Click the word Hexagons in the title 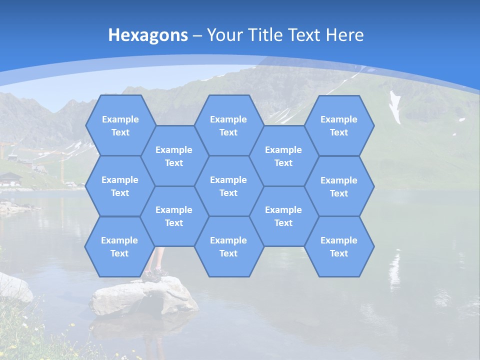click(x=148, y=35)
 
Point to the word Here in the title click(x=344, y=35)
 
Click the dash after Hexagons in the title click(x=197, y=35)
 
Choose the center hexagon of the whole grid click(x=228, y=186)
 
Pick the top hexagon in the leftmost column click(x=120, y=125)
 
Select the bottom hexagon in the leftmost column click(x=119, y=246)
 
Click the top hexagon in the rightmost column click(x=339, y=125)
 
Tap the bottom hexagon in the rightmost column click(x=339, y=246)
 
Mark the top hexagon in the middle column click(x=228, y=125)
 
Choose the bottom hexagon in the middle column click(x=228, y=246)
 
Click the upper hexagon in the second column click(x=174, y=156)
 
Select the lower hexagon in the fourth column click(x=283, y=216)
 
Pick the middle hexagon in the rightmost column click(x=339, y=186)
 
